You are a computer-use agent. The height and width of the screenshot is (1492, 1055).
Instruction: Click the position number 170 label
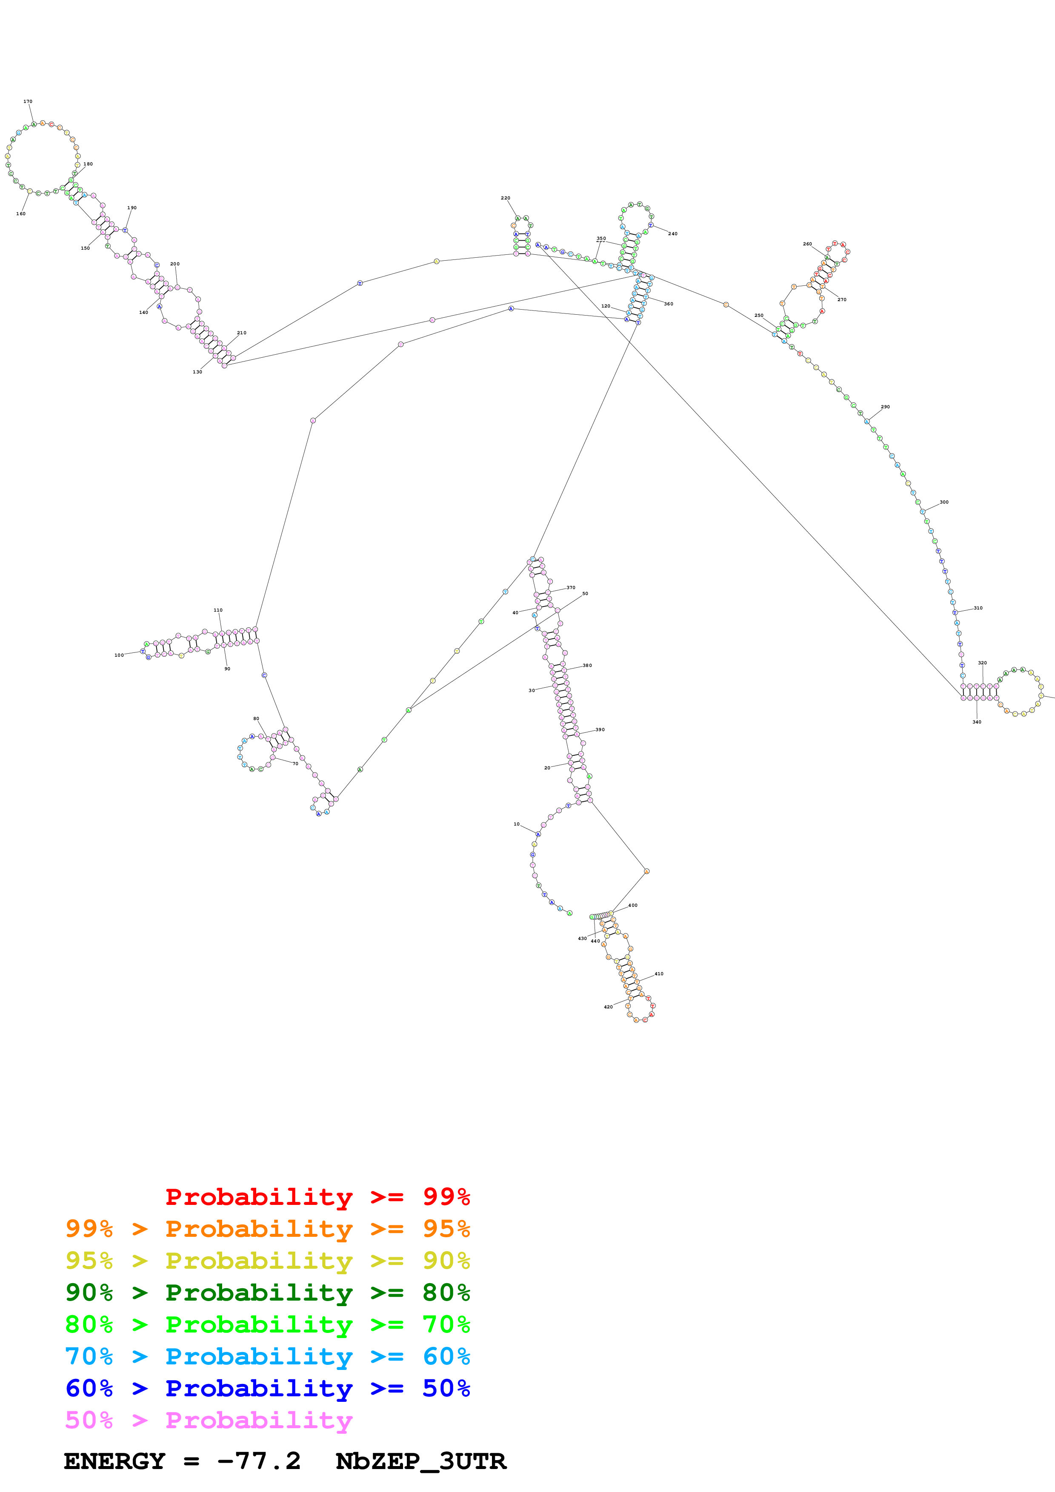[28, 101]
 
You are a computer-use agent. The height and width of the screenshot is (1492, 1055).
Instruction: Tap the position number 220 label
[505, 197]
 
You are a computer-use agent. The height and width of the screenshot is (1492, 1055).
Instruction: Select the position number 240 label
[673, 233]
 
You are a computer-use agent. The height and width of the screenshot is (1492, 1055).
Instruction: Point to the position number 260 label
[807, 244]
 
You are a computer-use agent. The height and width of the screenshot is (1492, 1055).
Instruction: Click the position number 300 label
[944, 502]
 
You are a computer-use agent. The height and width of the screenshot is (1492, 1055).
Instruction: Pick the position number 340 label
[976, 721]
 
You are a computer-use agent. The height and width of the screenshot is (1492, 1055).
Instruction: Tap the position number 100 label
[119, 655]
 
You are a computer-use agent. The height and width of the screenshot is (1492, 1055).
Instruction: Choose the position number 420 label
[608, 1007]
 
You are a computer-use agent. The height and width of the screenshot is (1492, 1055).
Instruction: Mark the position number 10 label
[517, 824]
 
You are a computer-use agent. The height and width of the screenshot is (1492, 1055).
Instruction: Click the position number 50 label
[585, 593]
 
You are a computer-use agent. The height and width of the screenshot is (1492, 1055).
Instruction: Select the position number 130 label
[197, 372]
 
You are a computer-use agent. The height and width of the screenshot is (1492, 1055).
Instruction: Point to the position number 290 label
[885, 407]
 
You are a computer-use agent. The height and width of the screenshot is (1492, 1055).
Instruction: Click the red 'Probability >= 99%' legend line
[317, 1196]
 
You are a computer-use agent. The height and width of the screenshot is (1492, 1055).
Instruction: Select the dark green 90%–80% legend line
[267, 1293]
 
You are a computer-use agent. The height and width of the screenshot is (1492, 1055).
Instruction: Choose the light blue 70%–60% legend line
[267, 1356]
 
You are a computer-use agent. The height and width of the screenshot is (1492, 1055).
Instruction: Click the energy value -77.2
[259, 1461]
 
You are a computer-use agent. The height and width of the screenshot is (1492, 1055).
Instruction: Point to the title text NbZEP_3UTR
[420, 1461]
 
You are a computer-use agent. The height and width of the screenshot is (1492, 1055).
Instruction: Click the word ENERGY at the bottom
[114, 1461]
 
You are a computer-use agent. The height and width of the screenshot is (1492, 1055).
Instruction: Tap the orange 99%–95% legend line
[267, 1229]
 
